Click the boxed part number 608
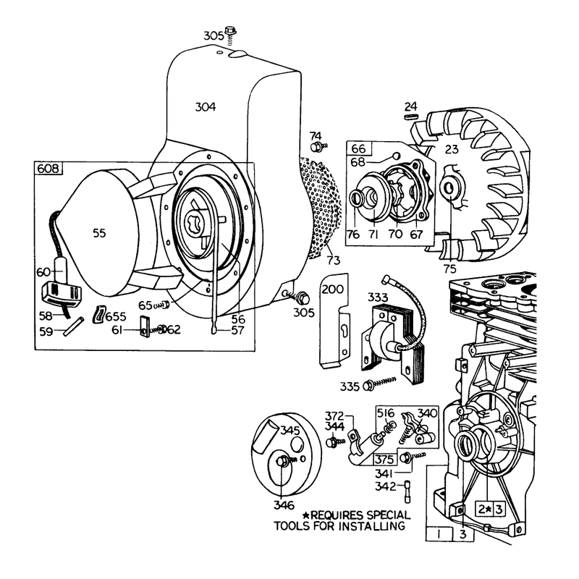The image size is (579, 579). click(48, 169)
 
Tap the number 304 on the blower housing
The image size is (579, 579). click(206, 107)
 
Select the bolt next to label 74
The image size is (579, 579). click(319, 147)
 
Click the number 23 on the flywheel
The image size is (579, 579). click(452, 149)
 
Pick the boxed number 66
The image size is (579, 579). click(358, 148)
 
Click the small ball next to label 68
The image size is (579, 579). click(396, 156)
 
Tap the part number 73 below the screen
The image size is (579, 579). click(334, 261)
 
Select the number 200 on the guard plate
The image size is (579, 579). click(333, 289)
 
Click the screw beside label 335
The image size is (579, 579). click(380, 384)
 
